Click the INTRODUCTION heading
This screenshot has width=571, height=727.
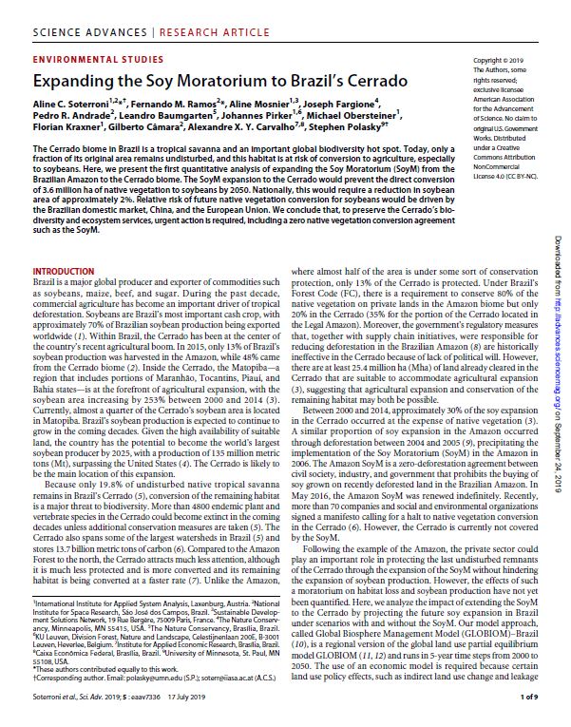64,271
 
